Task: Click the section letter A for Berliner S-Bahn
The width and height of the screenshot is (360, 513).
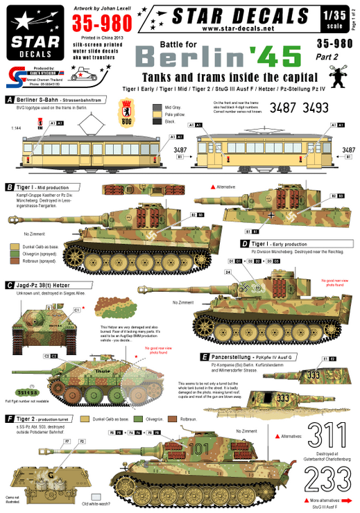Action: coord(8,99)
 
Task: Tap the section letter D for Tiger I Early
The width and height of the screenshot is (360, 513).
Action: coord(243,244)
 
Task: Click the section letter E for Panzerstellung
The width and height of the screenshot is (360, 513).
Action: coord(204,356)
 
